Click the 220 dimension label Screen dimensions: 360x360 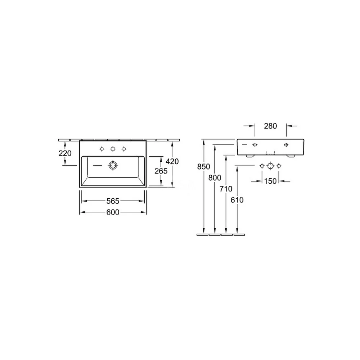pyautogui.click(x=65, y=153)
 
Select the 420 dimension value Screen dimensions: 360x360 pyautogui.click(x=172, y=161)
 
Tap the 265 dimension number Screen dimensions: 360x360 pyautogui.click(x=161, y=171)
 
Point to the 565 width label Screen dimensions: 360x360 pyautogui.click(x=113, y=201)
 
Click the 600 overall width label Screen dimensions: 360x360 pyautogui.click(x=113, y=212)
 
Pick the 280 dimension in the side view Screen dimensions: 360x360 pyautogui.click(x=270, y=126)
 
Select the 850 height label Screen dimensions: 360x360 pyautogui.click(x=204, y=166)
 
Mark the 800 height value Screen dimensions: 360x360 pyautogui.click(x=215, y=178)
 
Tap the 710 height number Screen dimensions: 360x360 pyautogui.click(x=226, y=189)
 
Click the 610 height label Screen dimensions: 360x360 pyautogui.click(x=237, y=200)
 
